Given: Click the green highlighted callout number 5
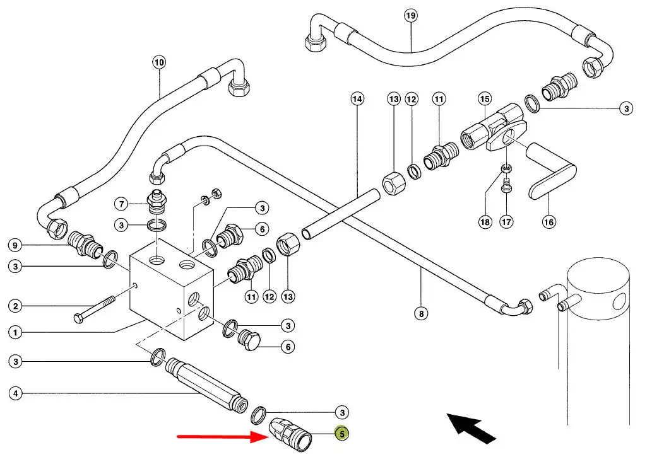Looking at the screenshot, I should tap(341, 434).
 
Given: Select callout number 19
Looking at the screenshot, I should tap(411, 15).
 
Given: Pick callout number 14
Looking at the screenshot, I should tap(357, 99).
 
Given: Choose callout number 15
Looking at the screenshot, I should tap(484, 99).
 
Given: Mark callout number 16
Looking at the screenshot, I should tap(548, 221).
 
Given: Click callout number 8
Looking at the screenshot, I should tap(422, 313).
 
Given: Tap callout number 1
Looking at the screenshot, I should tap(16, 332).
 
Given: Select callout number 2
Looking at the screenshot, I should tap(16, 307).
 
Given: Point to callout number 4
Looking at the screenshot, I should tap(16, 395).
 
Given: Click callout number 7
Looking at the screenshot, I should tap(121, 204).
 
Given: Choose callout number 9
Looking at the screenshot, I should tap(16, 245).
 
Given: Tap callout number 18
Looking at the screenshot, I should tap(484, 221).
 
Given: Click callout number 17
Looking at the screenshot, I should tap(506, 221).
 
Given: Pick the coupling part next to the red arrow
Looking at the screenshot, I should tap(289, 434).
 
